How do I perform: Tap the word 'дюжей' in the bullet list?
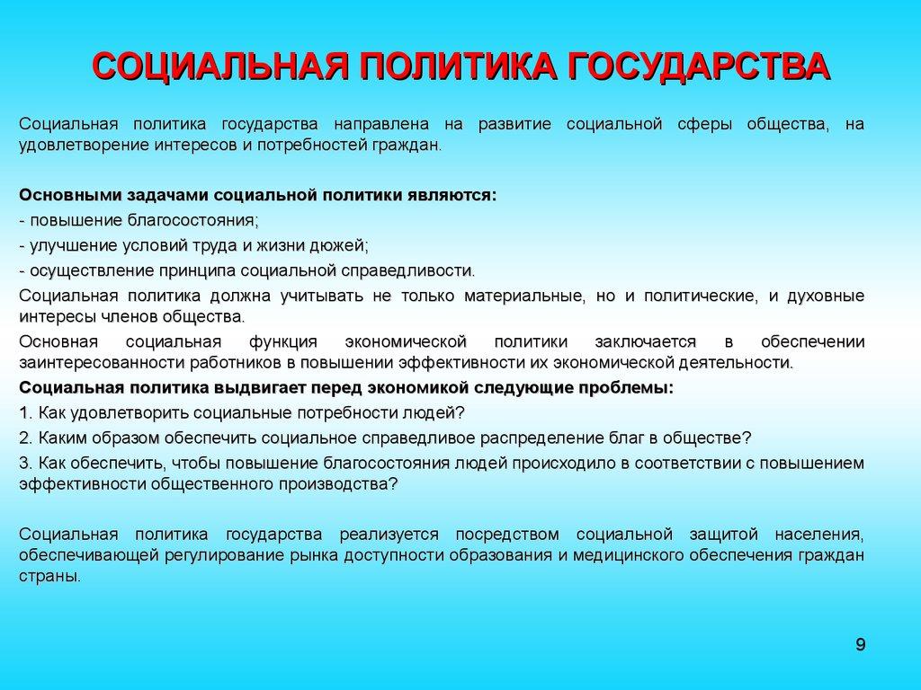[x=342, y=245]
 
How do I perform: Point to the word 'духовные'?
[x=826, y=296]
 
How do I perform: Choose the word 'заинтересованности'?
[x=90, y=363]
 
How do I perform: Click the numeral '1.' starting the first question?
[x=24, y=413]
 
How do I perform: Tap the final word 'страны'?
[x=48, y=577]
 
